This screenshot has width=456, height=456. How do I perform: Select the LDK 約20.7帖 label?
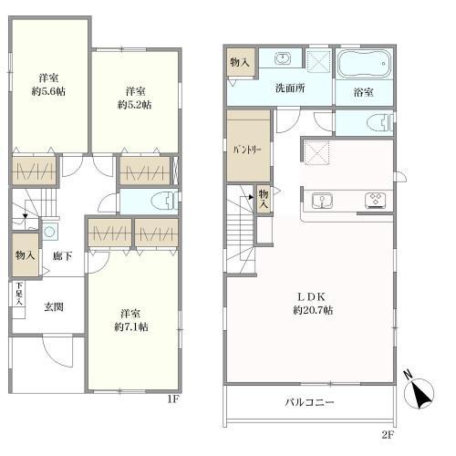(313, 304)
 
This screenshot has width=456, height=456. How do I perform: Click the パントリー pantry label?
(247, 150)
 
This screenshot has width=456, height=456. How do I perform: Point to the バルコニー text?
(309, 402)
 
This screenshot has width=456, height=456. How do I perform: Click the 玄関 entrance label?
(54, 307)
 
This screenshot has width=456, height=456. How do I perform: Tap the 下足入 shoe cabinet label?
(19, 294)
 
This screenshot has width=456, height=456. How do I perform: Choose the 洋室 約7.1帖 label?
(131, 320)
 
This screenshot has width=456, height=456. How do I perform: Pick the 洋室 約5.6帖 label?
(48, 85)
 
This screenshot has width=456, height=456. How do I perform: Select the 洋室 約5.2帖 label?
(135, 98)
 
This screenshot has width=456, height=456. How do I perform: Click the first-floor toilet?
(163, 201)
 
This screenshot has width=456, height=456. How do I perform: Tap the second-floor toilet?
(379, 122)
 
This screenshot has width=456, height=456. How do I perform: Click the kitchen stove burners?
(376, 201)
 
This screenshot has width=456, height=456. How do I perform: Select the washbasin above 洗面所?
(283, 58)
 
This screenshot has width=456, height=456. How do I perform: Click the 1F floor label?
(174, 399)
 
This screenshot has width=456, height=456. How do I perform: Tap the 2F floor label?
(388, 435)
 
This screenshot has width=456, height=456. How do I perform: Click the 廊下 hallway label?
(62, 256)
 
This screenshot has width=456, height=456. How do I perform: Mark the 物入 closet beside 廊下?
(26, 254)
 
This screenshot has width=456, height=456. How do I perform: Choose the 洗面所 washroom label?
(290, 88)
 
